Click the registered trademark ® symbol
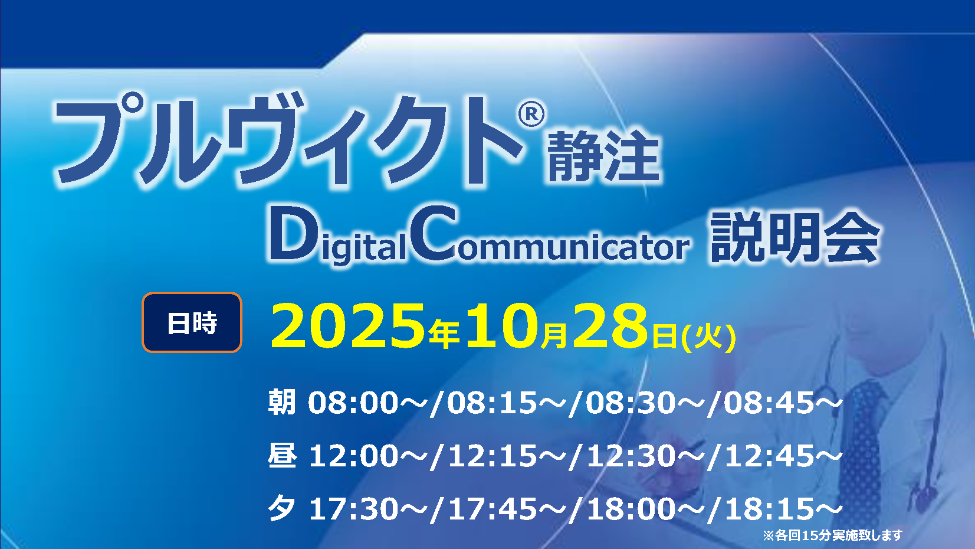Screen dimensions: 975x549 click(x=531, y=114)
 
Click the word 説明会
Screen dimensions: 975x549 click(x=795, y=237)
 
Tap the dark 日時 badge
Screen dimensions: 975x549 click(x=192, y=322)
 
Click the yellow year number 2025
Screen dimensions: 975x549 click(x=347, y=325)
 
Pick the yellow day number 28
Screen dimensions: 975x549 click(x=610, y=325)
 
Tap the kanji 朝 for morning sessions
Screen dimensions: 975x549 click(x=282, y=402)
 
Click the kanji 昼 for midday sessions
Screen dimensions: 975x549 click(x=282, y=455)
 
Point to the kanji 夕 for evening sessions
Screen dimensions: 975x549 click(x=281, y=508)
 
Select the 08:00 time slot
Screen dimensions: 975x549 click(x=353, y=402)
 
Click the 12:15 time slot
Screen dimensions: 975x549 click(x=493, y=456)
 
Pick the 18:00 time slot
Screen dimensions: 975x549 click(x=631, y=509)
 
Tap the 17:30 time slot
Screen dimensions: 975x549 click(x=353, y=509)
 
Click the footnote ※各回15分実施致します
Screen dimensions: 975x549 click(x=833, y=535)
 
